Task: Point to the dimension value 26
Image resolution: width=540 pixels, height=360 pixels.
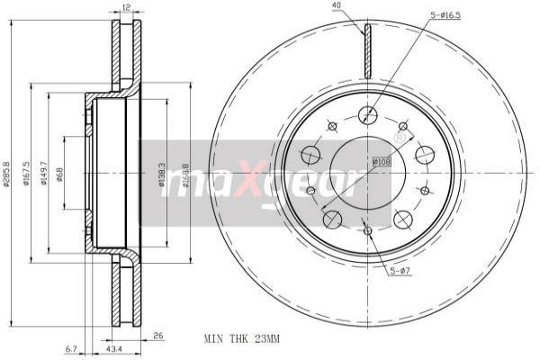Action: (x=159, y=338)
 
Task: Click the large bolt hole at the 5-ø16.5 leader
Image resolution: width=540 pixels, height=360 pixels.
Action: (x=367, y=115)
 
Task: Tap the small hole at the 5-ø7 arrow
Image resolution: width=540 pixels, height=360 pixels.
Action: (x=368, y=231)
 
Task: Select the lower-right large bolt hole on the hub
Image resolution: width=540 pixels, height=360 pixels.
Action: (x=403, y=218)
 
